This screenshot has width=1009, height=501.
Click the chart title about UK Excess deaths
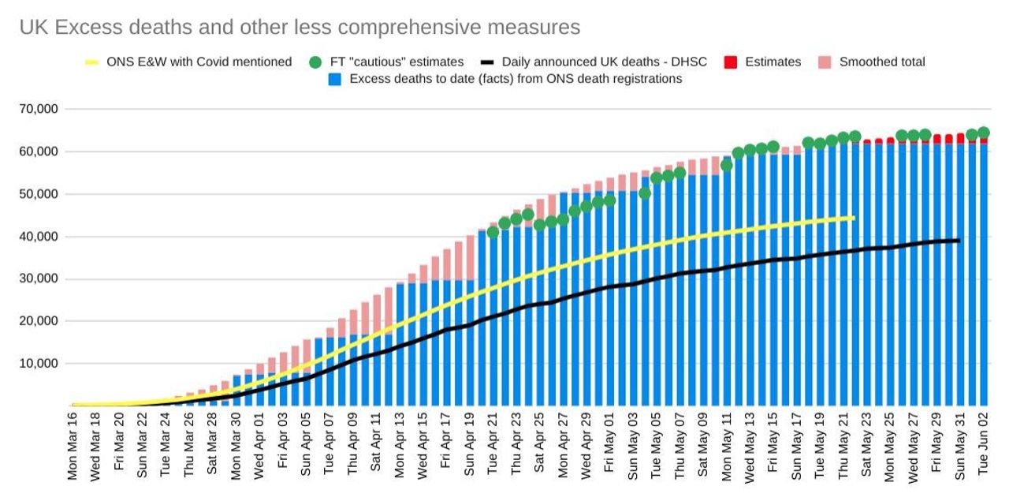[300, 28]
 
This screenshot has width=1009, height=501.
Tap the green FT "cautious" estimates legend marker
[316, 62]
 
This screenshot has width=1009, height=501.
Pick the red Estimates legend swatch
[730, 62]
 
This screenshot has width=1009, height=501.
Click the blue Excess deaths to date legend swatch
[335, 79]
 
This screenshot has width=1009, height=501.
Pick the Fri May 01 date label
[609, 450]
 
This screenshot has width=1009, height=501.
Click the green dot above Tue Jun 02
[984, 133]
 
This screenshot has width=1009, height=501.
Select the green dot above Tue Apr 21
[493, 232]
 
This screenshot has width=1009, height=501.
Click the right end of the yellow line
[853, 218]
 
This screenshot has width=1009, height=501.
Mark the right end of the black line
[959, 241]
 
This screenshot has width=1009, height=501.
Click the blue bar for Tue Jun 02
[984, 276]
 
